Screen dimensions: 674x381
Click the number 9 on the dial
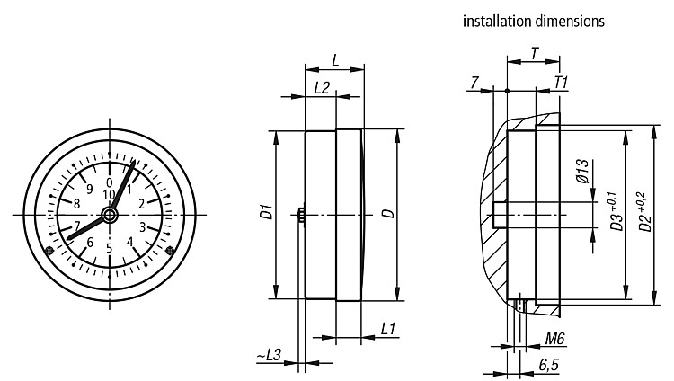pyautogui.click(x=89, y=190)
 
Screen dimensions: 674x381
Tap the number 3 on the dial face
pyautogui.click(x=143, y=226)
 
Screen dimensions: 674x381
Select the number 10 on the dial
pyautogui.click(x=109, y=195)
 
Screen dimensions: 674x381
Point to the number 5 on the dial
pyautogui.click(x=109, y=249)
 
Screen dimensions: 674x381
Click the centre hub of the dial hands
pyautogui.click(x=110, y=215)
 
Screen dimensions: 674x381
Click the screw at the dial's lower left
pyautogui.click(x=49, y=251)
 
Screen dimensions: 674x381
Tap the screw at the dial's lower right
pyautogui.click(x=170, y=250)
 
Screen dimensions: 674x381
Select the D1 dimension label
pyautogui.click(x=268, y=212)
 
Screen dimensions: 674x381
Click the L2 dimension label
pyautogui.click(x=322, y=88)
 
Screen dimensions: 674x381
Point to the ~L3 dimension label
pyautogui.click(x=269, y=355)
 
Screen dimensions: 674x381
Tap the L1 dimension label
pyautogui.click(x=387, y=330)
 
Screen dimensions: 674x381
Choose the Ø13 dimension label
pyautogui.click(x=582, y=171)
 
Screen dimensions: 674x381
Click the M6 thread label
pyautogui.click(x=554, y=340)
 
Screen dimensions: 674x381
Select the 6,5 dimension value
pyautogui.click(x=548, y=365)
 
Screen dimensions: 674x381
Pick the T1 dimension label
pyautogui.click(x=562, y=83)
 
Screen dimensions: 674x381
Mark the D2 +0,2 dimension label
pyautogui.click(x=644, y=211)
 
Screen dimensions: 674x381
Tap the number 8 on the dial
pyautogui.click(x=76, y=203)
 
